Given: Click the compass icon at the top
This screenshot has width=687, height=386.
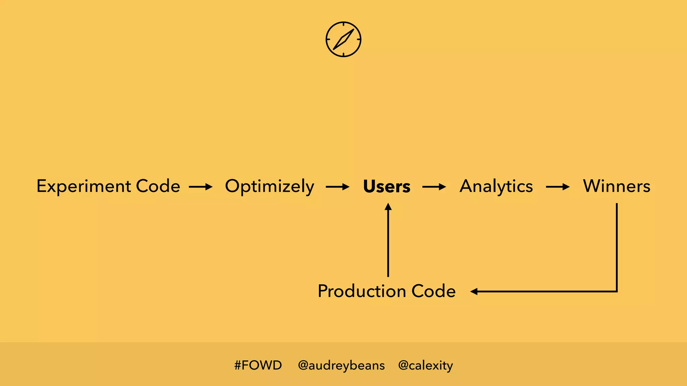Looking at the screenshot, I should coord(343,39).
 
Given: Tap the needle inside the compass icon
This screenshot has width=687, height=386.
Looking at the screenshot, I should coord(344,39).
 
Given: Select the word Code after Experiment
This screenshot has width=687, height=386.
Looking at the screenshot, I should coord(158,186).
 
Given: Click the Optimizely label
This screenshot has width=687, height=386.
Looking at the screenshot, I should coord(269,187).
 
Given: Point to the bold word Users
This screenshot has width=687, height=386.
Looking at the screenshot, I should coord(387,187).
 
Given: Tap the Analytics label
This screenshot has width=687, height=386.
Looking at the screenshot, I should coord(496,187).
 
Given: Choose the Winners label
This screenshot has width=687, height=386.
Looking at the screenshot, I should coord(617,186).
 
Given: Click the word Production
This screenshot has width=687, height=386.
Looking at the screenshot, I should coord(362,291).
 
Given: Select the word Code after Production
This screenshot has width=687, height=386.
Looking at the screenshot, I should coord(433,291).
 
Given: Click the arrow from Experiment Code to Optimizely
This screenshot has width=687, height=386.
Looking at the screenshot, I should coord(201,187).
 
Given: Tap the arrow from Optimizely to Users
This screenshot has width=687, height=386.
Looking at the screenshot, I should coord(337,187).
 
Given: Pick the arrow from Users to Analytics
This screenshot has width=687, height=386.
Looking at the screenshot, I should coord(434,187).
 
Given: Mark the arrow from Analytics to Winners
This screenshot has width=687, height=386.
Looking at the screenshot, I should coord(558,187).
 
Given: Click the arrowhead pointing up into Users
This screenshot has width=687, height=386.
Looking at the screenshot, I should coord(388,207).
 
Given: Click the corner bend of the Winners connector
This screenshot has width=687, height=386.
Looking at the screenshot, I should coord(617,291).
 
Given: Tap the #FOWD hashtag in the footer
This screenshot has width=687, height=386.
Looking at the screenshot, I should coord(258,365).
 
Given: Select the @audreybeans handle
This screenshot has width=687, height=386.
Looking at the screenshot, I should coord(341,365).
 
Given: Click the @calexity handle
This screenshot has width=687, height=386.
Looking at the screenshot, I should coord(425,365).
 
